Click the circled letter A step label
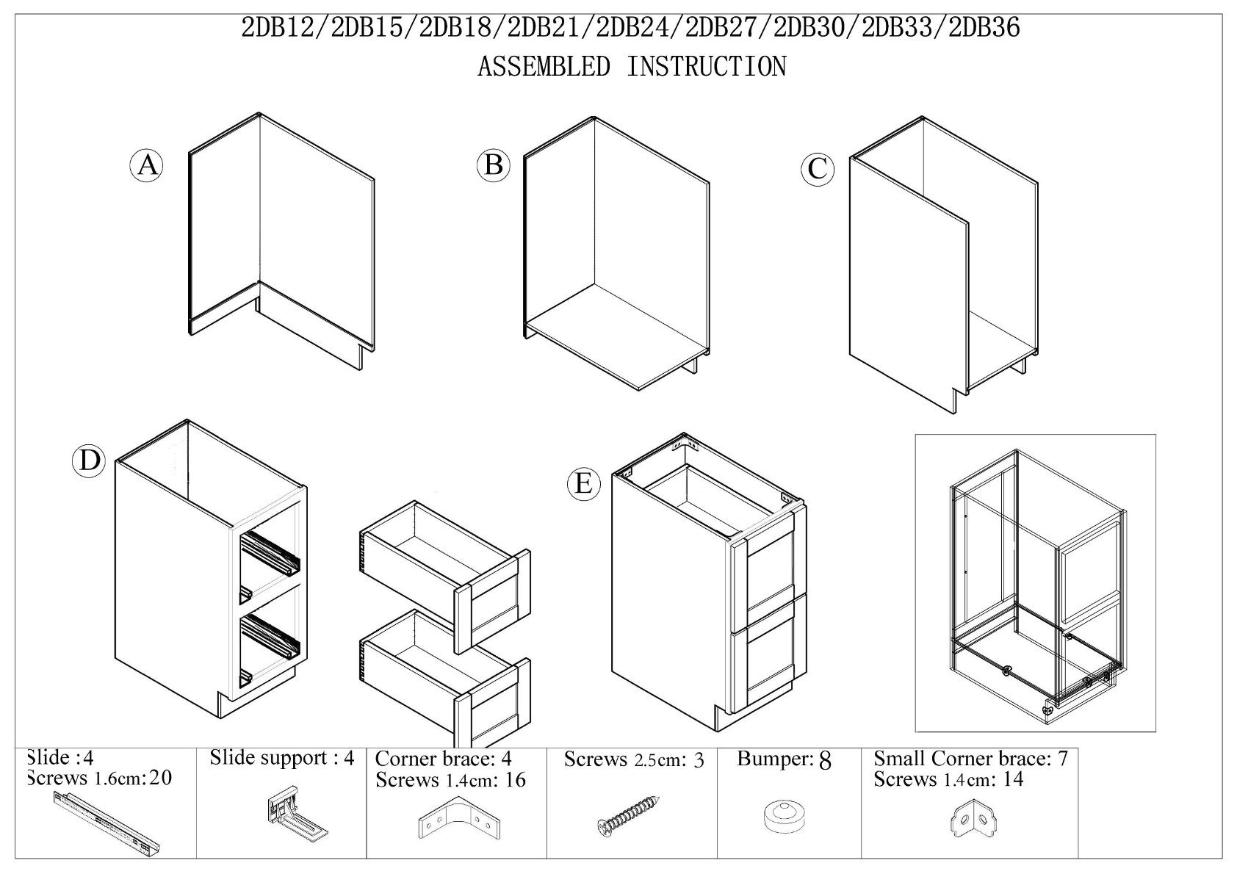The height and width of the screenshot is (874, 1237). pyautogui.click(x=146, y=165)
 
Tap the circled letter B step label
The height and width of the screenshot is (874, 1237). pyautogui.click(x=493, y=165)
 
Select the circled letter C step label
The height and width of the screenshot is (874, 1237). pyautogui.click(x=818, y=169)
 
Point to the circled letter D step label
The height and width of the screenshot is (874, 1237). pyautogui.click(x=89, y=461)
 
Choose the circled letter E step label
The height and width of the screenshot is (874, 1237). pyautogui.click(x=584, y=485)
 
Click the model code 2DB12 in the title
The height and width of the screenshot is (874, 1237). pyautogui.click(x=277, y=28)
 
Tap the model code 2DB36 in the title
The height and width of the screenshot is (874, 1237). pyautogui.click(x=984, y=28)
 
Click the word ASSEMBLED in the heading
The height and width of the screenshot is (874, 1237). pyautogui.click(x=544, y=66)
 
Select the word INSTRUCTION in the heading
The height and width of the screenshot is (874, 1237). pyautogui.click(x=707, y=66)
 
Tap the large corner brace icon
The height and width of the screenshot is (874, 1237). pyautogui.click(x=459, y=818)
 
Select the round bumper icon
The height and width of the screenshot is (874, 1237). pyautogui.click(x=785, y=818)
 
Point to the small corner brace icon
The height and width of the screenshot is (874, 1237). pyautogui.click(x=973, y=818)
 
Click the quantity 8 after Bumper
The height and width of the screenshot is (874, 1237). pyautogui.click(x=825, y=762)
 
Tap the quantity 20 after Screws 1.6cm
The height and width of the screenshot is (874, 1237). pyautogui.click(x=160, y=778)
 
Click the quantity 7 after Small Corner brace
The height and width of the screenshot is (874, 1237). pyautogui.click(x=1063, y=759)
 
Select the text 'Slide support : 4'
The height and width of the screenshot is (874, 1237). pyautogui.click(x=281, y=758)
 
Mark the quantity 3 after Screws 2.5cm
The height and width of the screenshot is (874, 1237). pyautogui.click(x=699, y=761)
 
